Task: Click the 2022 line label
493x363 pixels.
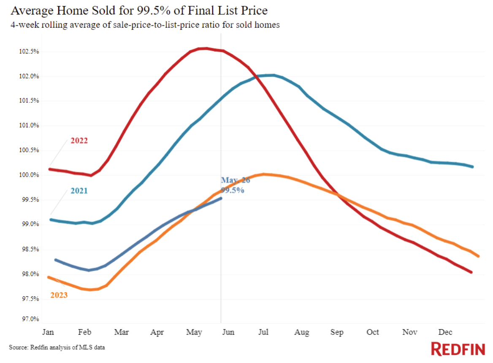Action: (x=79, y=141)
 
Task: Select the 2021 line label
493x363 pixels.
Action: (x=79, y=191)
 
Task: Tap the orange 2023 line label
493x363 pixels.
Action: (x=59, y=295)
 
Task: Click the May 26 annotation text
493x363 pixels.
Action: (x=235, y=180)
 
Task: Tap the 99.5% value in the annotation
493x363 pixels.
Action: (x=232, y=190)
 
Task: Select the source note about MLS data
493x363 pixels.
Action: (x=57, y=347)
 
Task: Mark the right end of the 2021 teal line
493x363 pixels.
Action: (x=472, y=167)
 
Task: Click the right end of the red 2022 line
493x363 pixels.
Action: (x=471, y=272)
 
